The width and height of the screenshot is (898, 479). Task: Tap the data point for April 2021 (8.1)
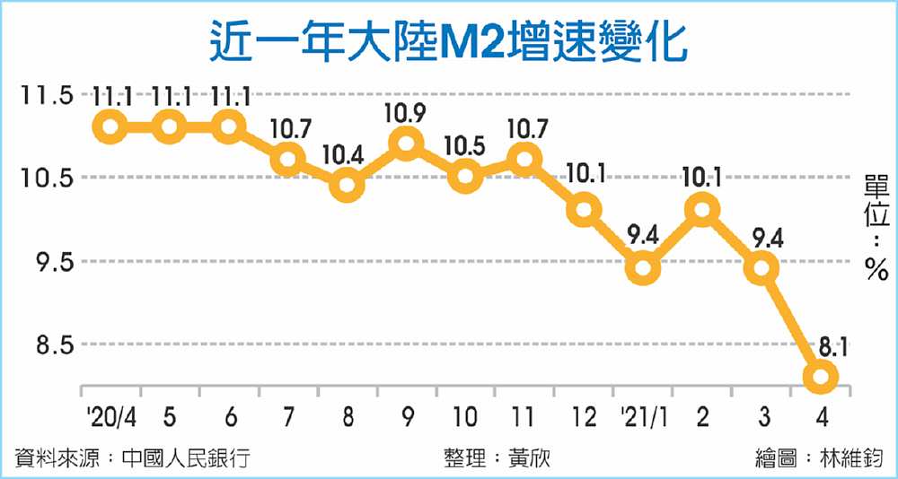click(x=822, y=378)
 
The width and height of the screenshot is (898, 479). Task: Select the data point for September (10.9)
click(x=406, y=144)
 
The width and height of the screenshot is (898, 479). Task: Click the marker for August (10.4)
click(x=347, y=186)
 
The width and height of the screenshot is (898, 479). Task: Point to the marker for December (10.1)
click(x=584, y=210)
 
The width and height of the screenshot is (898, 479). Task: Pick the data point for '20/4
click(x=110, y=126)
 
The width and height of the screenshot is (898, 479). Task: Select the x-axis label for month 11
click(x=524, y=416)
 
